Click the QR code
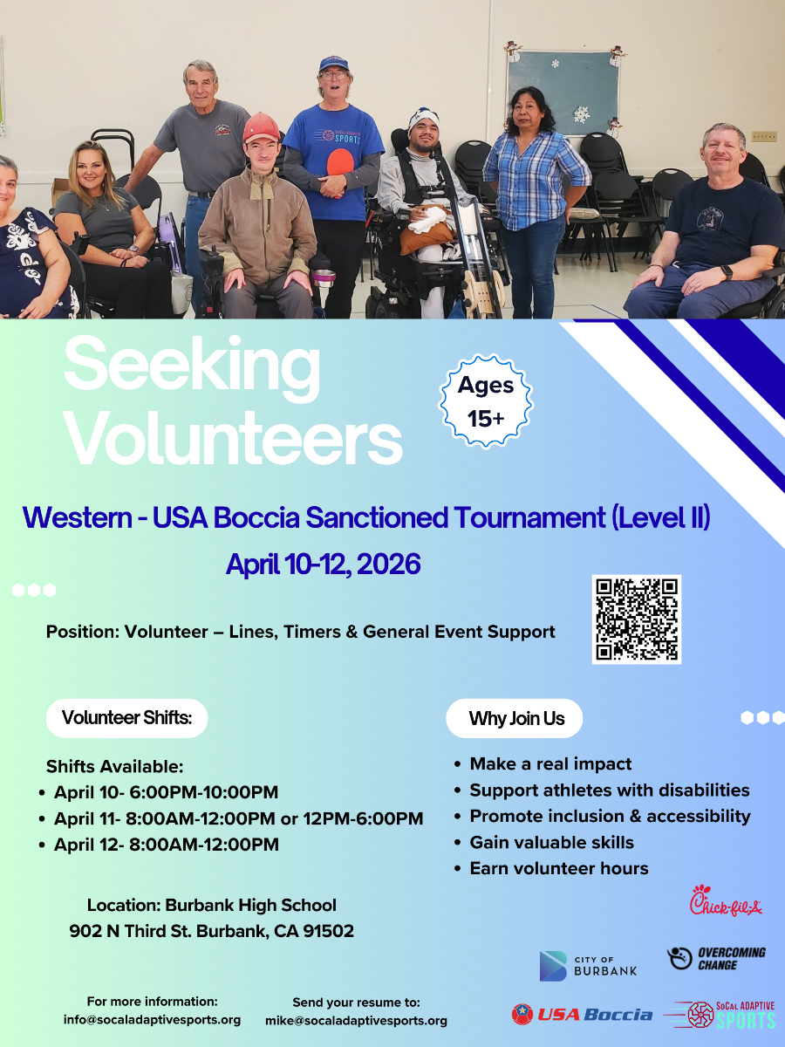tap(636, 619)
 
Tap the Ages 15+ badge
tap(486, 401)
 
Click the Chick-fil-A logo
tap(726, 902)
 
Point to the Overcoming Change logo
tap(716, 958)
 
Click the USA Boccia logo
tap(582, 1014)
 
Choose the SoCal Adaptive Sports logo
tap(720, 1014)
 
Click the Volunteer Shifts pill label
tap(126, 718)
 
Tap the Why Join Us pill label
tap(515, 718)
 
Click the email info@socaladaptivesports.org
tap(152, 1020)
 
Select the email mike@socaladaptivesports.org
tap(356, 1020)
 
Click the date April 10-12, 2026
tap(323, 565)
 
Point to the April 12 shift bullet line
tap(166, 845)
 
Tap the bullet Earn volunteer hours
tap(558, 868)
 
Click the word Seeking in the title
tap(192, 365)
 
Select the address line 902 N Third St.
tap(211, 931)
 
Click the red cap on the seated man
tap(260, 127)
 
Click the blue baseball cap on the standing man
tap(333, 64)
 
